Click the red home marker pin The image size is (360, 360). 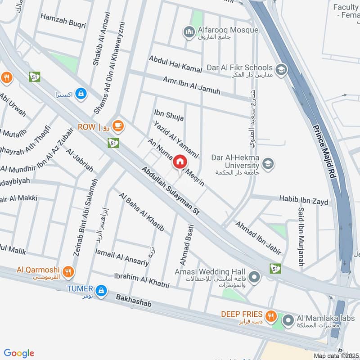pyautogui.click(x=180, y=162)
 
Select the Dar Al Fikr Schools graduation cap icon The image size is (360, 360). pyautogui.click(x=281, y=70)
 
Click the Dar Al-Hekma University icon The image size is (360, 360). pyautogui.click(x=268, y=164)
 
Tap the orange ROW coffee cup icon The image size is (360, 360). pyautogui.click(x=118, y=126)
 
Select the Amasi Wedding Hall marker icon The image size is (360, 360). pyautogui.click(x=254, y=277)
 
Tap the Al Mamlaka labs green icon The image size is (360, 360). pyautogui.click(x=288, y=320)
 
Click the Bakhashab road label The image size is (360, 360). pyautogui.click(x=134, y=301)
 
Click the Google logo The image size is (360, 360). pyautogui.click(x=19, y=353)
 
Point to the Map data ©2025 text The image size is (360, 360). pyautogui.click(x=335, y=355)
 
